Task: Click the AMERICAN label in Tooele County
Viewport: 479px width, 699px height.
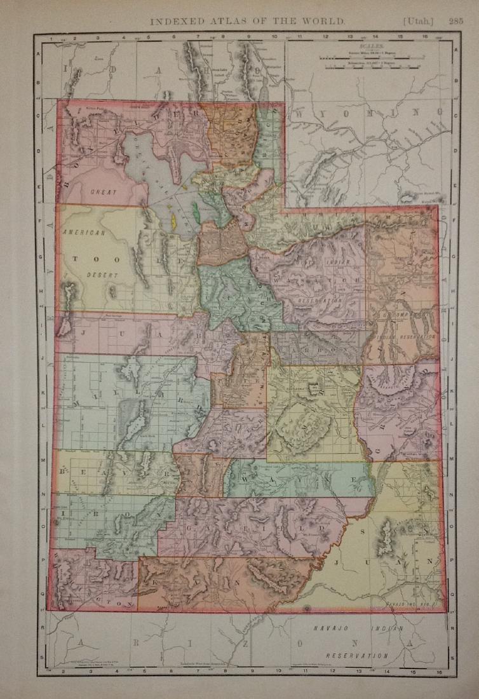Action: click(x=83, y=233)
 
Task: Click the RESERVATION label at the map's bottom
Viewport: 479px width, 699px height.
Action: click(x=357, y=655)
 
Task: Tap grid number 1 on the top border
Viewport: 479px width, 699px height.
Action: click(x=50, y=37)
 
